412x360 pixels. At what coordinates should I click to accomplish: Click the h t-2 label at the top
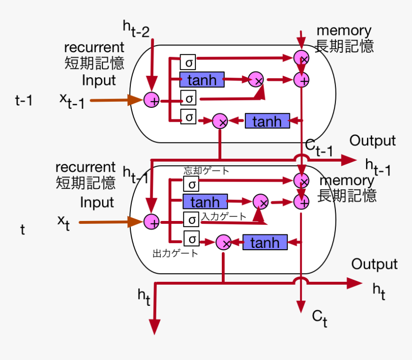pos(136,29)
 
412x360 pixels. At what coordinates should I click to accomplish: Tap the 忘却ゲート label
pos(206,171)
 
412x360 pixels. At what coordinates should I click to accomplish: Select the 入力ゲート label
pos(224,217)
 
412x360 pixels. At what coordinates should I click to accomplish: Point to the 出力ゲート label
pos(175,253)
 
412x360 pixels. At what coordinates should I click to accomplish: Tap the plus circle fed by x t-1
pos(152,100)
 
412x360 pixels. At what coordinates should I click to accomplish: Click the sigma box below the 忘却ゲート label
pos(191,184)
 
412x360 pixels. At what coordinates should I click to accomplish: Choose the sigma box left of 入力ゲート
pos(191,220)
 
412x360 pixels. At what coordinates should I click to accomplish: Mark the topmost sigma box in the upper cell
pos(188,62)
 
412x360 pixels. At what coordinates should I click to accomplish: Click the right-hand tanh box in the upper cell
pos(267,121)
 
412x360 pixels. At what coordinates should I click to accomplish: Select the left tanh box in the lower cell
pos(205,202)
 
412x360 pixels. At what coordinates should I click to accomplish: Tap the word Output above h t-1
pos(373,141)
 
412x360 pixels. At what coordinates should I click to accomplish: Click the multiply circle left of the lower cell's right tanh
pos(224,243)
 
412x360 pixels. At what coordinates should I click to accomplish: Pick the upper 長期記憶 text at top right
pos(344,46)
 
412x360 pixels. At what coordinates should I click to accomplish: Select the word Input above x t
pos(97,202)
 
